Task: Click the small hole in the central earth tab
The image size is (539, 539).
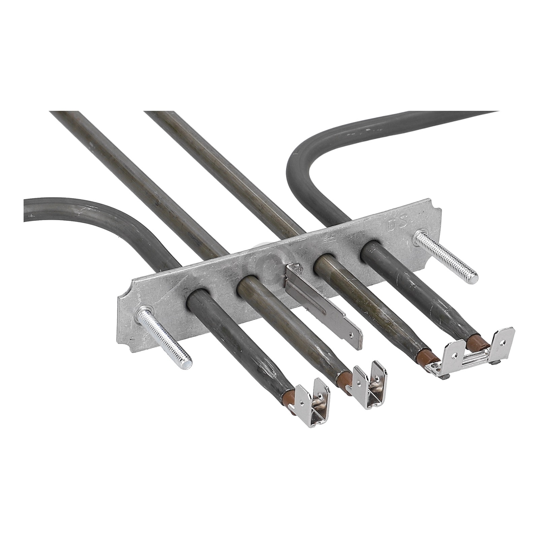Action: point(352,335)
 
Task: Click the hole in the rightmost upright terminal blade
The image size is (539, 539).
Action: point(503,341)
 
